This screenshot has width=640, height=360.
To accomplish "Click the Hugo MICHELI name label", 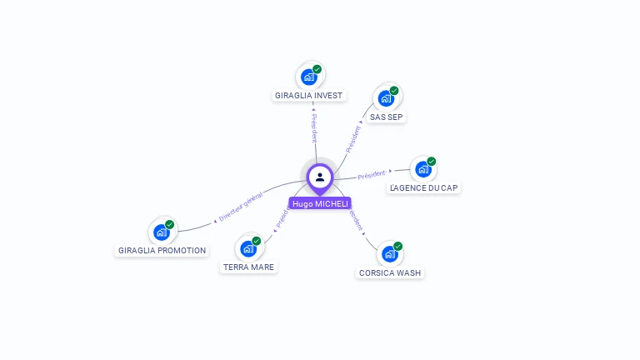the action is tap(320, 203).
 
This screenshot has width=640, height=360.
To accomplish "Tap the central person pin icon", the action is tap(320, 177).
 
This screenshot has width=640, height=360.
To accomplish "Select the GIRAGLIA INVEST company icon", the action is tap(309, 77).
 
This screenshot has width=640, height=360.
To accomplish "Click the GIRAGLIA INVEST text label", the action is tap(309, 96).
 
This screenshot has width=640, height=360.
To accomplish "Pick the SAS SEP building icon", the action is tap(386, 98).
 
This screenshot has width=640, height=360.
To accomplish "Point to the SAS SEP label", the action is tap(387, 117).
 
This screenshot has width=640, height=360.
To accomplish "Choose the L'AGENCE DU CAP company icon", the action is tap(423, 169).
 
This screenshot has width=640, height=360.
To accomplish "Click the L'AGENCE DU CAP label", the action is tap(424, 188).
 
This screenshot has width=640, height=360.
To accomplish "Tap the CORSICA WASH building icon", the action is tap(390, 254).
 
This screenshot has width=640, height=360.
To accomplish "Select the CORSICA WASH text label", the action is tap(390, 273).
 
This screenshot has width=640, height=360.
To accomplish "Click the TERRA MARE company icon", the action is tap(248, 248).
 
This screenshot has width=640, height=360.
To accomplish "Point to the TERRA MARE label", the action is tap(248, 267).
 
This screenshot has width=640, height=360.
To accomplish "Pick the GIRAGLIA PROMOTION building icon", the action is tap(162, 232).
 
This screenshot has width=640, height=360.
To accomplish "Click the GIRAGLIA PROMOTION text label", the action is tap(162, 250).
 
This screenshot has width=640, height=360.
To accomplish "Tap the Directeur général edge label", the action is tap(240, 207).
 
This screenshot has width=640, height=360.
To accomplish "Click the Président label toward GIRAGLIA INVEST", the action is tap(314, 127).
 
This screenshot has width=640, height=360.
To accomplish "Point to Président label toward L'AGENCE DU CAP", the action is tap(372, 174).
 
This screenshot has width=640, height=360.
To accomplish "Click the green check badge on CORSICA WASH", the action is tap(398, 247).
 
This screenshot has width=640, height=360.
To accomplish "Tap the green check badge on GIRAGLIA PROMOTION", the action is tap(170, 224).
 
